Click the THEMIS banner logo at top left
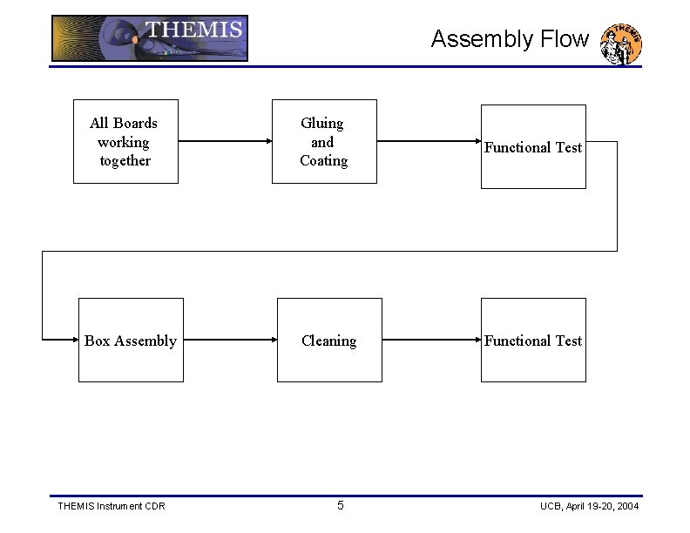click(x=150, y=38)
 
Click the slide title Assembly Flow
click(x=510, y=39)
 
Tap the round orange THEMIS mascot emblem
click(x=622, y=44)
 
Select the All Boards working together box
click(x=125, y=141)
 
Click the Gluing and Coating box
click(x=324, y=141)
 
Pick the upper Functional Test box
click(x=533, y=146)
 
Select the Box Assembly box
click(x=131, y=340)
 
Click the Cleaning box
click(x=329, y=340)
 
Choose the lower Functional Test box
click(x=533, y=340)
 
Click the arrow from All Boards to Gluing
click(x=225, y=141)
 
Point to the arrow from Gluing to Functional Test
click(x=429, y=141)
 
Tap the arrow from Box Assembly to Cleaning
click(x=230, y=340)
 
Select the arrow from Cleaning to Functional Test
click(x=431, y=340)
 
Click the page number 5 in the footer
click(x=341, y=506)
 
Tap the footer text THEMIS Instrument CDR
click(x=111, y=506)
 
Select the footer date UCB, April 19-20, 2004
click(x=589, y=506)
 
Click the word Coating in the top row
click(x=324, y=161)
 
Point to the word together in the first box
click(x=125, y=161)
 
